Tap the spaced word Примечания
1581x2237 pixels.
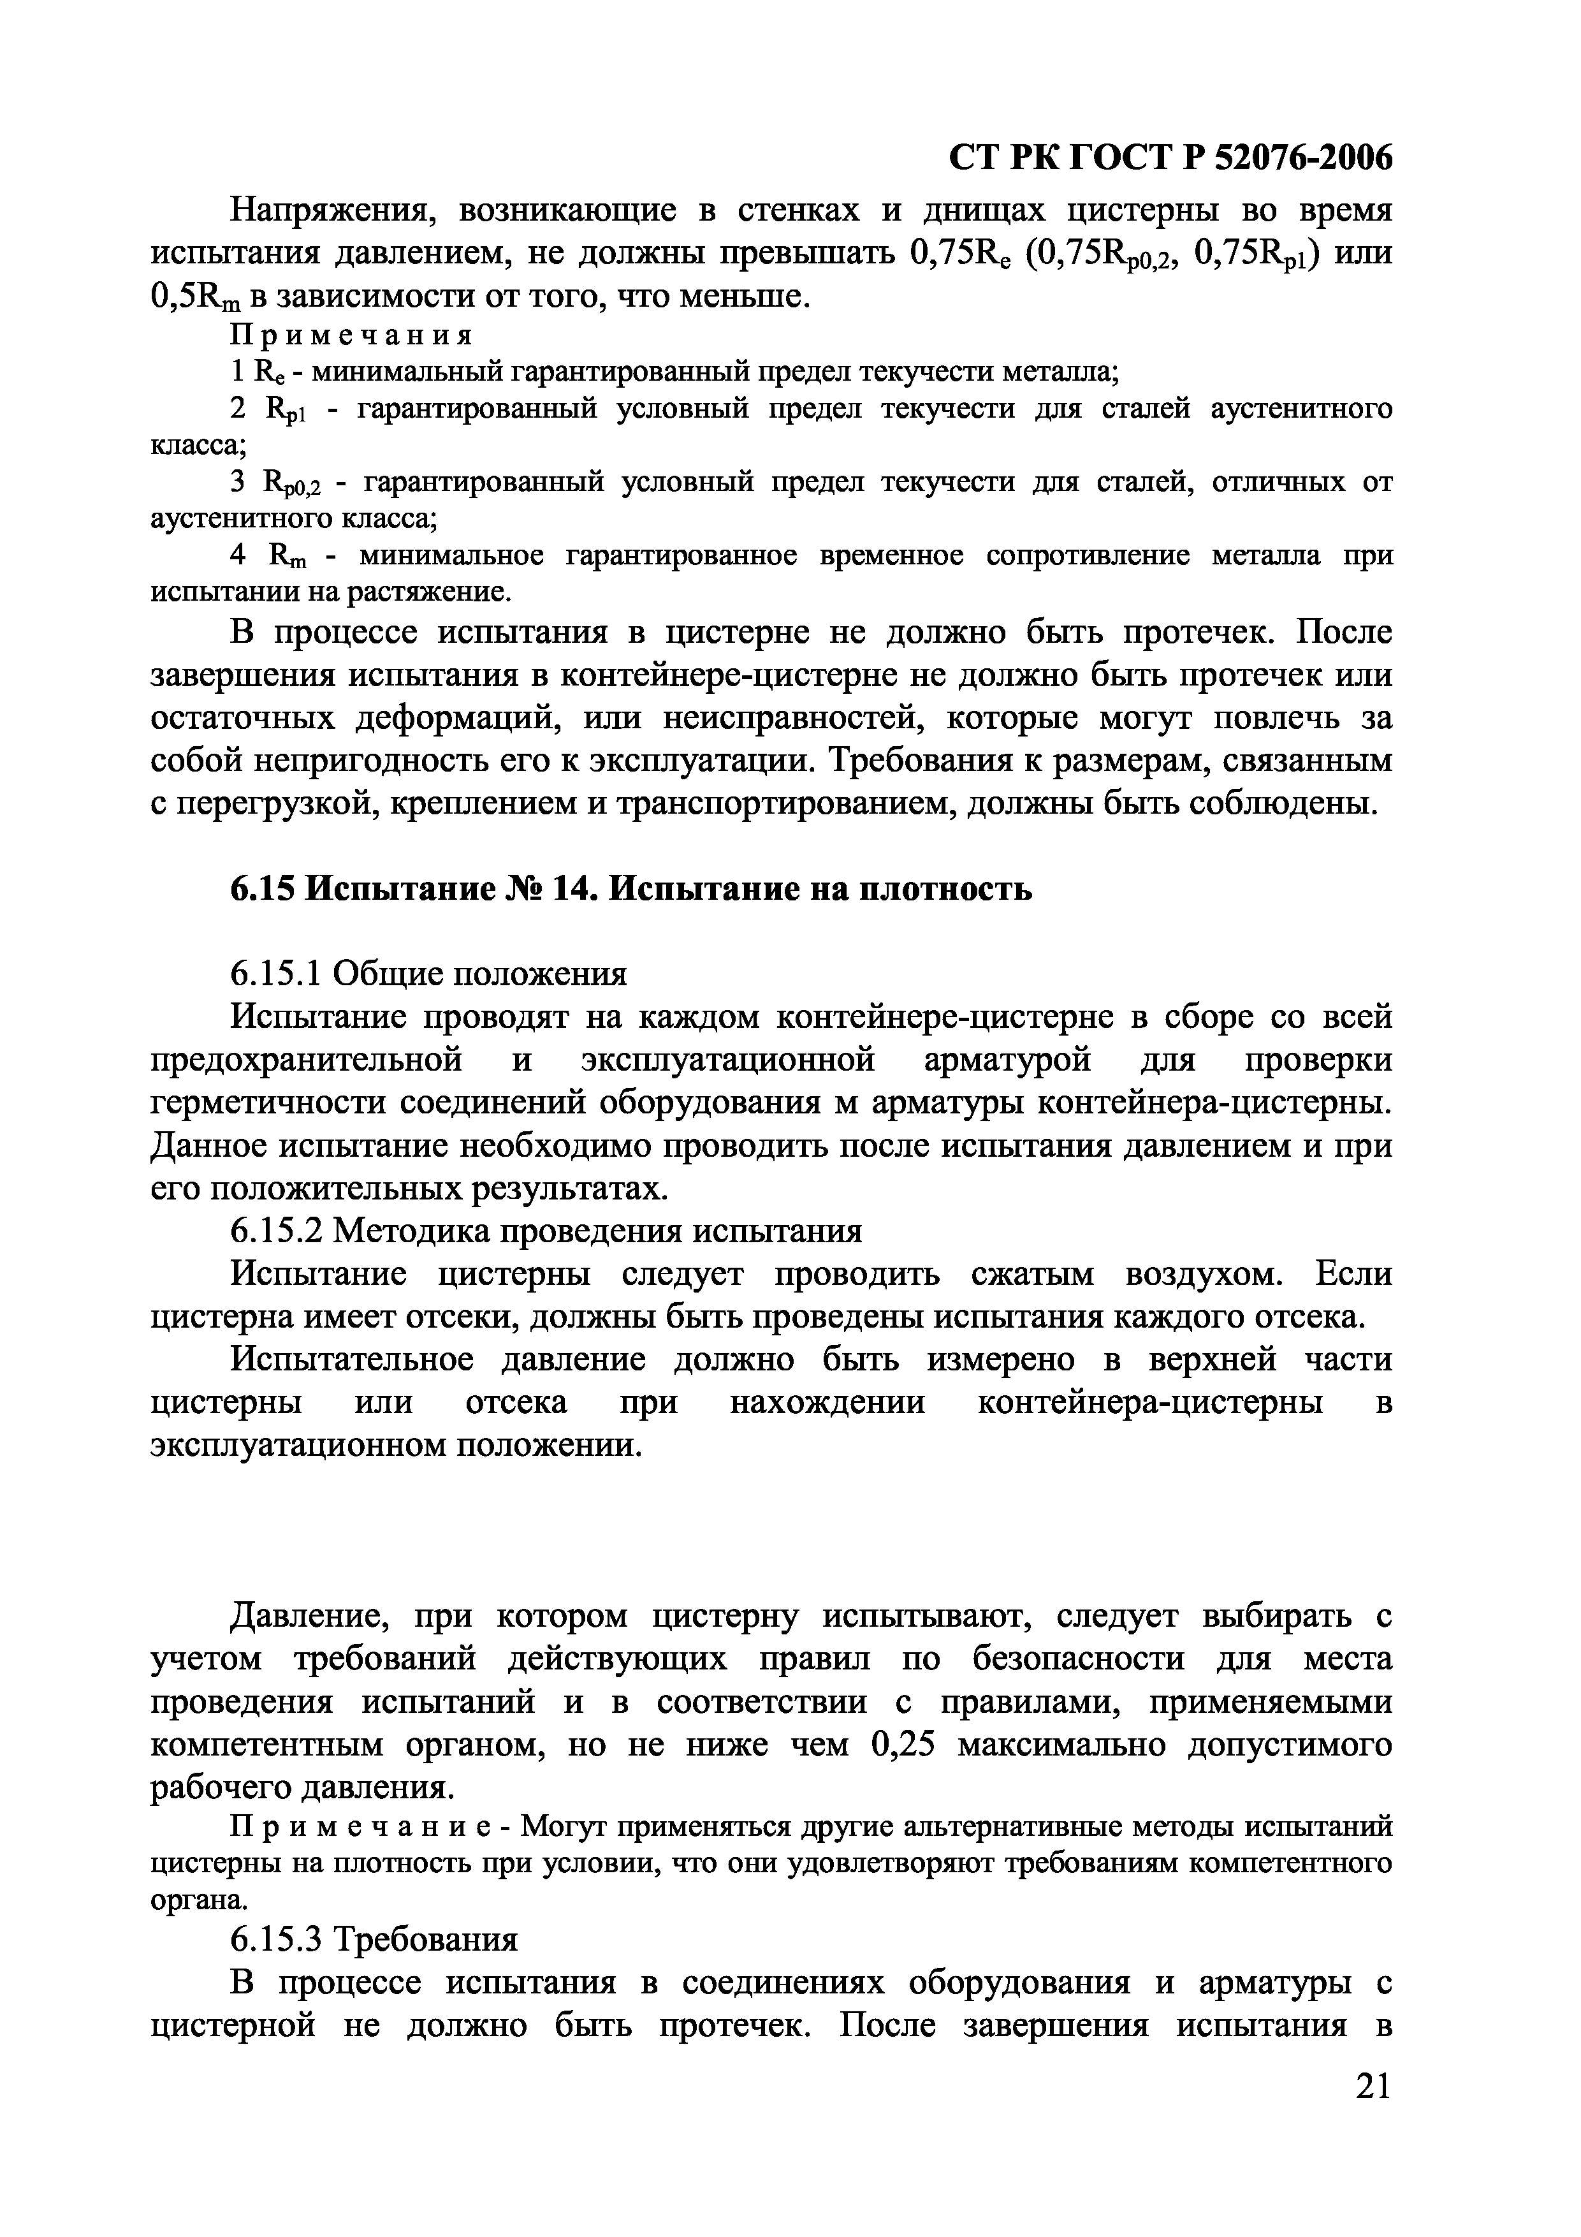tap(352, 335)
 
